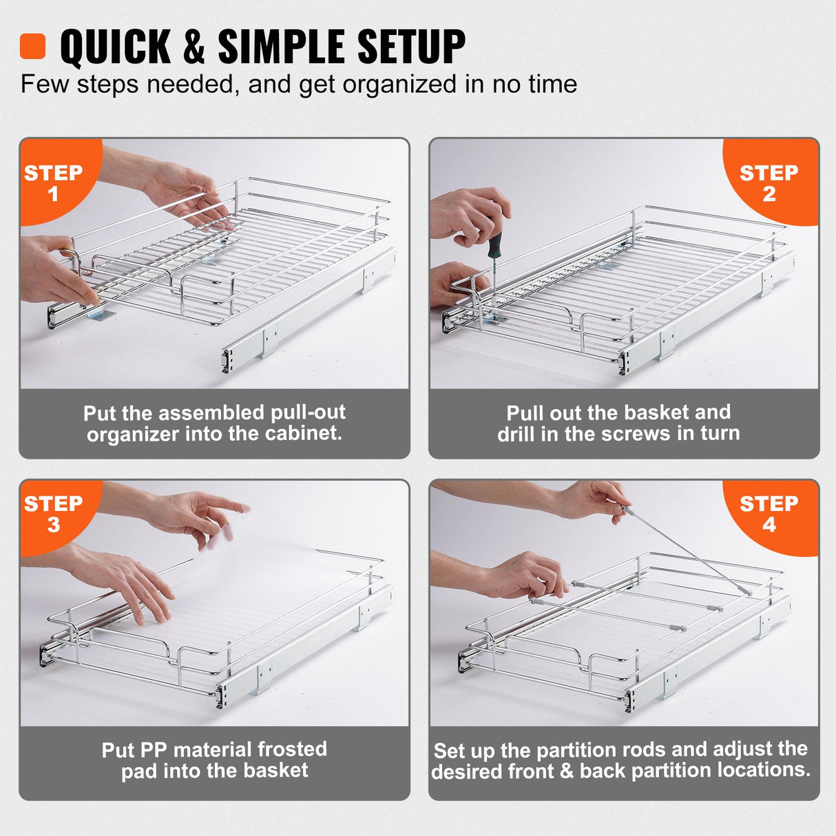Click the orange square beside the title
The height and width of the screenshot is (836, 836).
[x=32, y=46]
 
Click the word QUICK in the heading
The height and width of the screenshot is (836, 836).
[x=115, y=47]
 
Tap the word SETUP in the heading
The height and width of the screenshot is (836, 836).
[x=411, y=47]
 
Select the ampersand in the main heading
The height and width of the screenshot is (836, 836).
[x=194, y=47]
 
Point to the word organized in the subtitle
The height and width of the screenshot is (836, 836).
[x=399, y=85]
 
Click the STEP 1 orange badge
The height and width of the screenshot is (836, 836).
[x=53, y=182]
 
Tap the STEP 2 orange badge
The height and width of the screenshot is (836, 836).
[x=769, y=182]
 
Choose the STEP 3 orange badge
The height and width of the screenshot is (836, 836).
[x=53, y=514]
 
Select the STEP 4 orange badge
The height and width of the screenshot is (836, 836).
[x=769, y=514]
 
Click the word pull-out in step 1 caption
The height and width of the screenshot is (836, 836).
[x=308, y=412]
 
